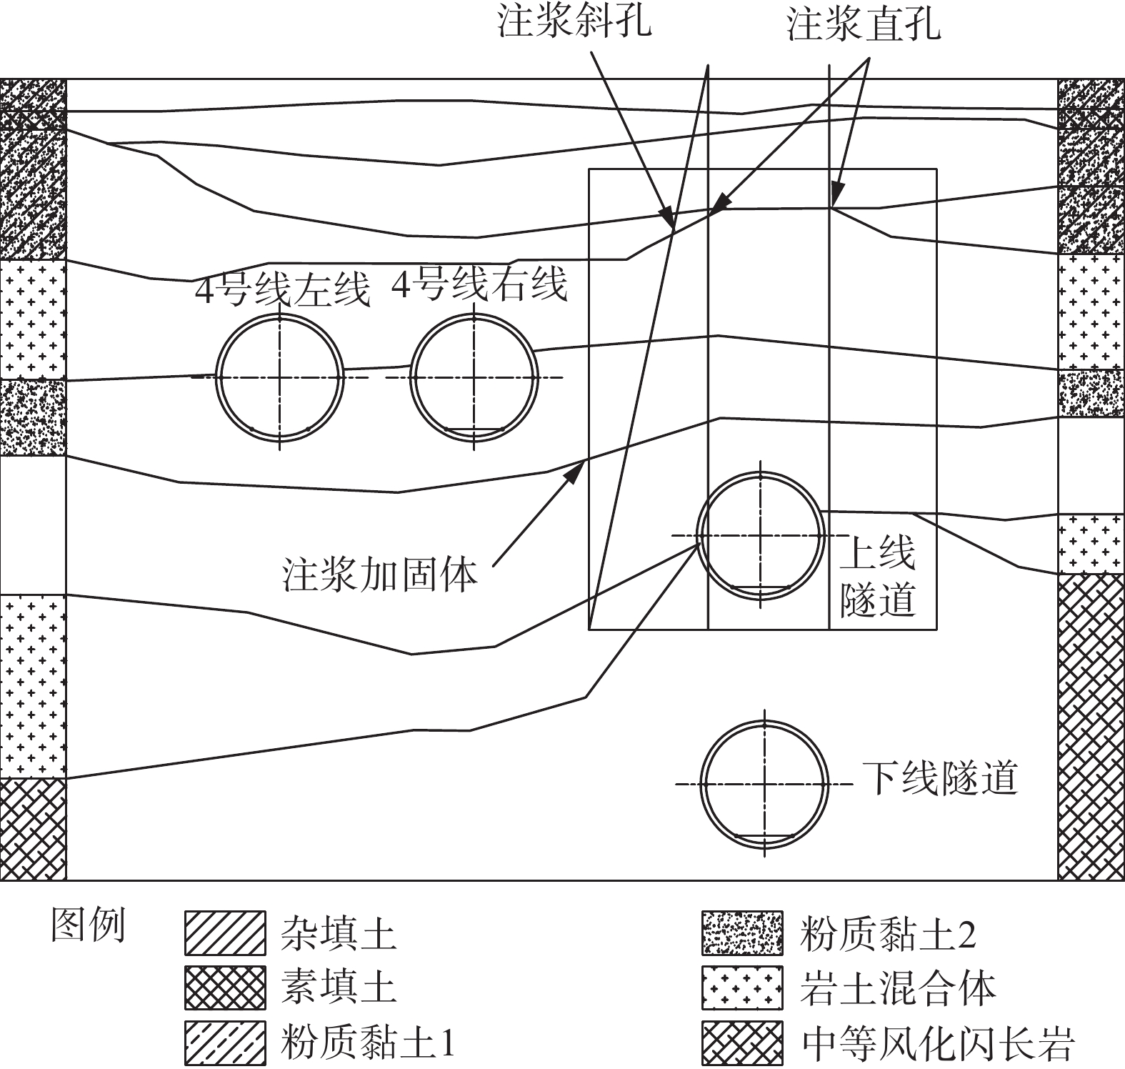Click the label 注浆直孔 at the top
[864, 25]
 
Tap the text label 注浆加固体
[379, 574]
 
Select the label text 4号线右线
[479, 284]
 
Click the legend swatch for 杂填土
[225, 933]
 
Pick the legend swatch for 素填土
[225, 988]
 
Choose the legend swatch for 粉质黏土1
[225, 1042]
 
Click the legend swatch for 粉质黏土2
[742, 933]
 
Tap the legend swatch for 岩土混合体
[742, 988]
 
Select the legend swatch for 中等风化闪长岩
[742, 1042]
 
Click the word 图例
[88, 926]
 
